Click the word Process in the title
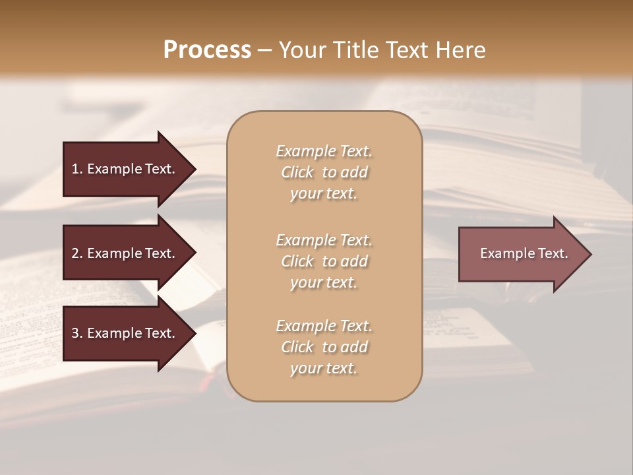[207, 50]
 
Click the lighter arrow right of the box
[521, 254]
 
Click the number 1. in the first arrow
[76, 169]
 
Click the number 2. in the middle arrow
[76, 253]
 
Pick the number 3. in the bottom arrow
[76, 333]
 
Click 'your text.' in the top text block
[324, 194]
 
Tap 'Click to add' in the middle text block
[324, 261]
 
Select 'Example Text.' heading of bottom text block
[324, 326]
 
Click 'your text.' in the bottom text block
[324, 369]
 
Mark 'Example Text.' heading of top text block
[324, 151]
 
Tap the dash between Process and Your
[265, 51]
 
